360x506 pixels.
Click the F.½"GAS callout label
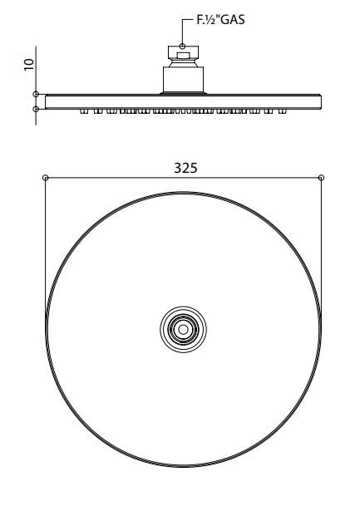tap(220, 19)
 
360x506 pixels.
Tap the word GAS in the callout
tap(233, 19)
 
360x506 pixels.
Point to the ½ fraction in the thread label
tap(210, 19)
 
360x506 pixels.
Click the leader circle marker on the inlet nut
tap(183, 47)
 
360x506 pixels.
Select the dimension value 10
tap(29, 64)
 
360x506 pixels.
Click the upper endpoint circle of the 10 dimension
tap(36, 94)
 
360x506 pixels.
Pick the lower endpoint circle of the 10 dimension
tap(36, 109)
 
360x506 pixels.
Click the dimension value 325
tap(185, 168)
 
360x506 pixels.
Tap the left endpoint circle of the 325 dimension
tap(46, 178)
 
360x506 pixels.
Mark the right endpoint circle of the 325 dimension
tap(321, 178)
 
